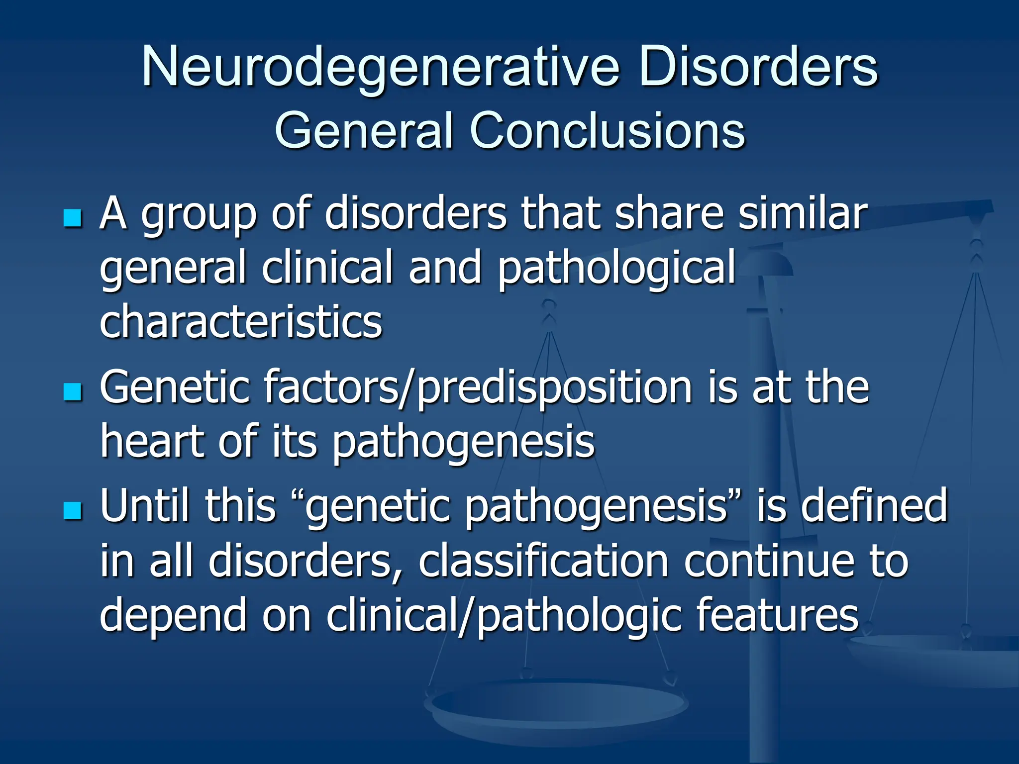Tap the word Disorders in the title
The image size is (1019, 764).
click(x=758, y=67)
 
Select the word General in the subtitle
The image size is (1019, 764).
click(x=364, y=130)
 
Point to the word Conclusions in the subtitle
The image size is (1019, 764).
click(x=607, y=130)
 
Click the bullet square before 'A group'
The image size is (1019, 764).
click(x=73, y=218)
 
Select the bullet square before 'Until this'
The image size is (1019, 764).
click(x=73, y=510)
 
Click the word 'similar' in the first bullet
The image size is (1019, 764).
click(x=803, y=214)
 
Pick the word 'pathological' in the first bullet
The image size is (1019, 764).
click(x=616, y=269)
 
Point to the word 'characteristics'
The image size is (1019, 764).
click(x=241, y=322)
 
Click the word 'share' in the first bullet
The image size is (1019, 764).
click(x=669, y=214)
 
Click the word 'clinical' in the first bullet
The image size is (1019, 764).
click(x=328, y=269)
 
